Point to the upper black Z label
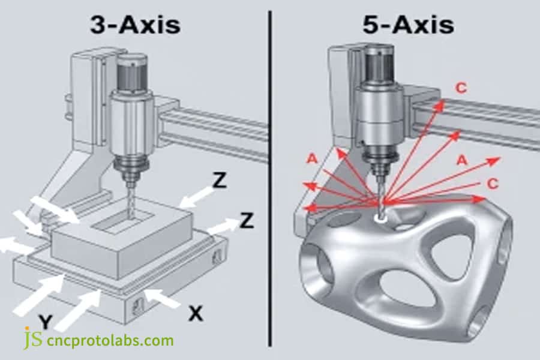[220, 180]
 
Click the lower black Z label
[246, 220]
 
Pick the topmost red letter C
[460, 88]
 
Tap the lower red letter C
[492, 184]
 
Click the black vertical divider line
[269, 180]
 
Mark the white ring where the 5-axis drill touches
[380, 219]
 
